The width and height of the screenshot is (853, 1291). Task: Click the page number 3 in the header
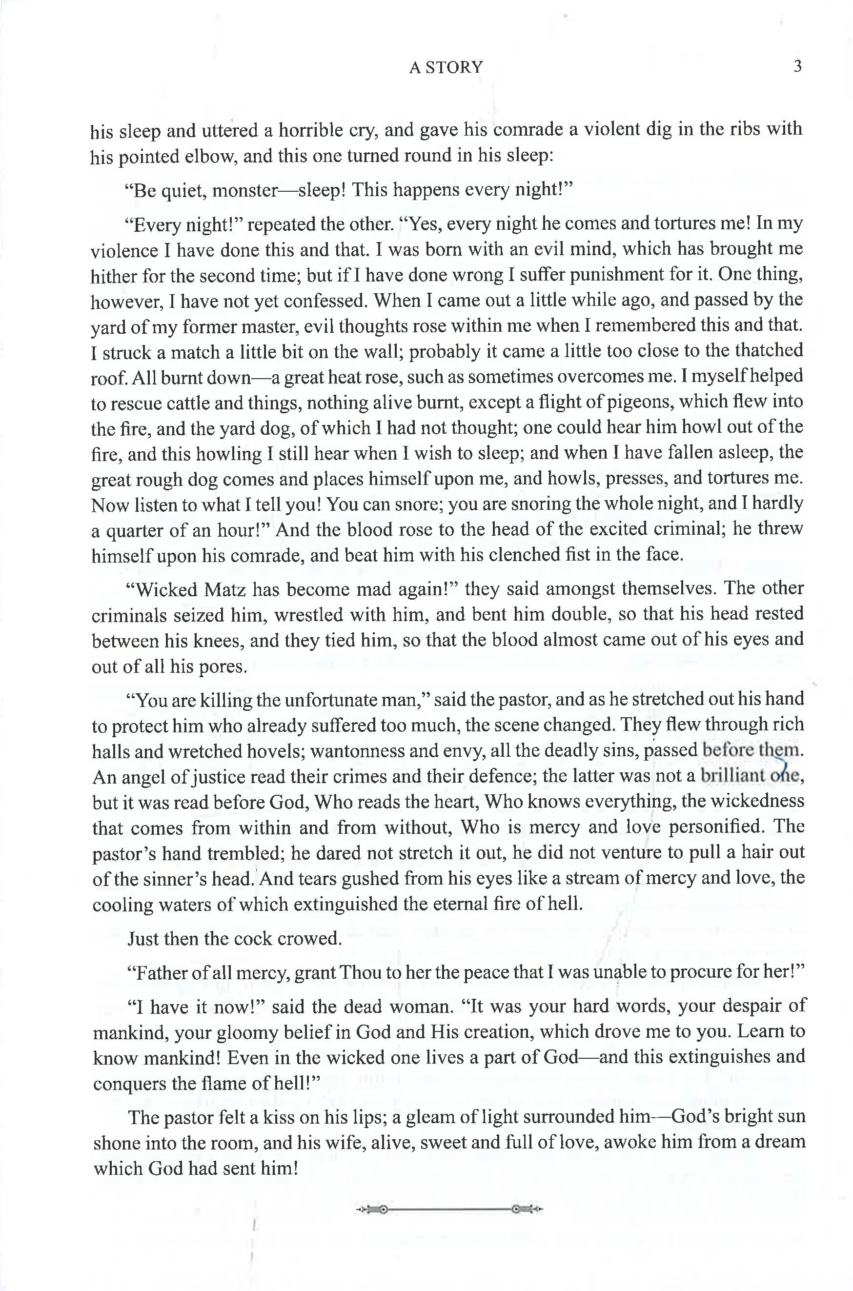pyautogui.click(x=797, y=66)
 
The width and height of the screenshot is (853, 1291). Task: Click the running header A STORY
pyautogui.click(x=446, y=67)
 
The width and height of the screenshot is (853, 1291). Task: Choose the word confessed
pyautogui.click(x=325, y=301)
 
